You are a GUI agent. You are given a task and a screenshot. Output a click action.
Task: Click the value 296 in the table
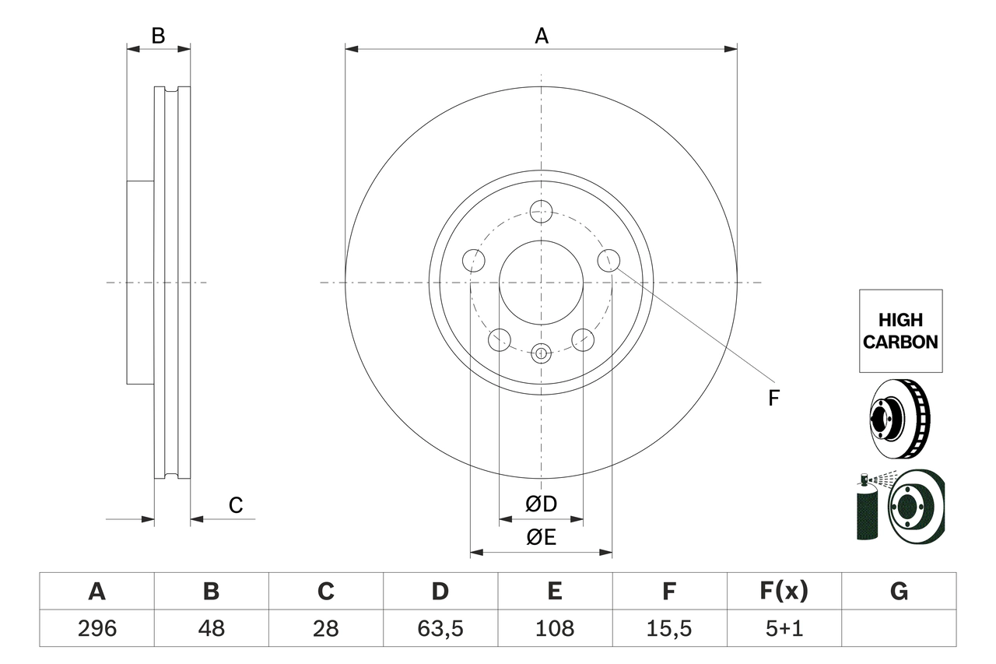click(x=96, y=628)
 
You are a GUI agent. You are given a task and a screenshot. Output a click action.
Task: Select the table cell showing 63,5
click(x=440, y=628)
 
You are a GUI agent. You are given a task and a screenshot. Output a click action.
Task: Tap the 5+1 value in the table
click(x=784, y=628)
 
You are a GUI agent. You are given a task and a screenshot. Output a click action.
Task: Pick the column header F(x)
click(x=784, y=592)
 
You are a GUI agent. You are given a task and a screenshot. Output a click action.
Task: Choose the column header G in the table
click(x=899, y=592)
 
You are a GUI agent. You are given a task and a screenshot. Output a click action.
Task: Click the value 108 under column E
click(x=555, y=628)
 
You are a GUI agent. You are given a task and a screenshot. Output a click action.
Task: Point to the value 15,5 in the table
click(x=669, y=628)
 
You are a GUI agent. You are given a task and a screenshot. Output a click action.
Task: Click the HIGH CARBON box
click(x=900, y=331)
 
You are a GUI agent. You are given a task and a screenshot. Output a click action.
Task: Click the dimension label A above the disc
click(x=541, y=36)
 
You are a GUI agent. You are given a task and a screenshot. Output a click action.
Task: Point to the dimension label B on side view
click(x=158, y=36)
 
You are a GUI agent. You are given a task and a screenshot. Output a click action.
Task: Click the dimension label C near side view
click(x=236, y=505)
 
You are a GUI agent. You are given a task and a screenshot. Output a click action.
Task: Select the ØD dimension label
click(x=541, y=504)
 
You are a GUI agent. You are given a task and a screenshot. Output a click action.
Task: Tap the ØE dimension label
click(x=541, y=538)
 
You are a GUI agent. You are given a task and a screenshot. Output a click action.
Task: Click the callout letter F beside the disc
click(x=773, y=398)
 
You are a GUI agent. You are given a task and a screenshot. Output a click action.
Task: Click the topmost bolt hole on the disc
click(x=541, y=211)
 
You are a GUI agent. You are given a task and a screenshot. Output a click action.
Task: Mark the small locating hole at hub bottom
click(x=541, y=353)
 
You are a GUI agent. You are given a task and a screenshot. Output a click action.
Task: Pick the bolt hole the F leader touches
click(x=608, y=260)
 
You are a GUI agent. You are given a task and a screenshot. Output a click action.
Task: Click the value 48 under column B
click(x=211, y=628)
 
